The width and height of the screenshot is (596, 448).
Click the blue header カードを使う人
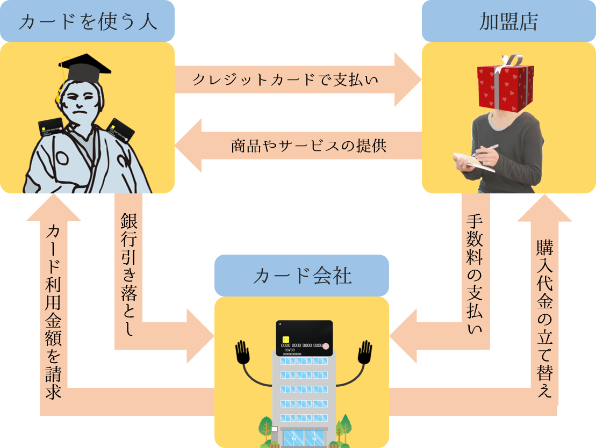(87, 21)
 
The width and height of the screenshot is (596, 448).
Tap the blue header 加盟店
(508, 21)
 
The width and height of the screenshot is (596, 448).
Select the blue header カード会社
(301, 276)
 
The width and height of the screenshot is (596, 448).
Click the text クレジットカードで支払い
(285, 80)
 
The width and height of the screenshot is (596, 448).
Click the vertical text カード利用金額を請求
(53, 312)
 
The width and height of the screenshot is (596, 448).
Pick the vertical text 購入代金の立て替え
(544, 317)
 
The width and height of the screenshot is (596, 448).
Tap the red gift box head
(505, 86)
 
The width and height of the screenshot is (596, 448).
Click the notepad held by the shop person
(473, 162)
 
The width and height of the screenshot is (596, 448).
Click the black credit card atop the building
(304, 338)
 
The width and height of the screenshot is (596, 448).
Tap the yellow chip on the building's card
(286, 340)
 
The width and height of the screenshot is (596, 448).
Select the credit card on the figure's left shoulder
(51, 128)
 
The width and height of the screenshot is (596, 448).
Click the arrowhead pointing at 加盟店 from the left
(408, 80)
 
